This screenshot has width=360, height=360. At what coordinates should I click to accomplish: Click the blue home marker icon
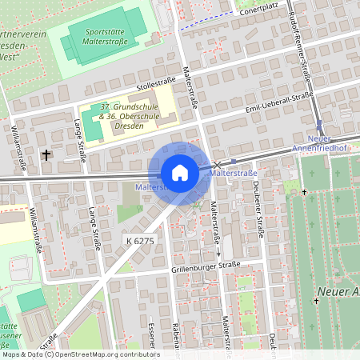pyautogui.click(x=180, y=172)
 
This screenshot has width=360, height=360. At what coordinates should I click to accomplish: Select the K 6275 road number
pyautogui.click(x=139, y=240)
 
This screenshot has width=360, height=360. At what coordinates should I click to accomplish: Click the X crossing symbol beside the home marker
pyautogui.click(x=216, y=163)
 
